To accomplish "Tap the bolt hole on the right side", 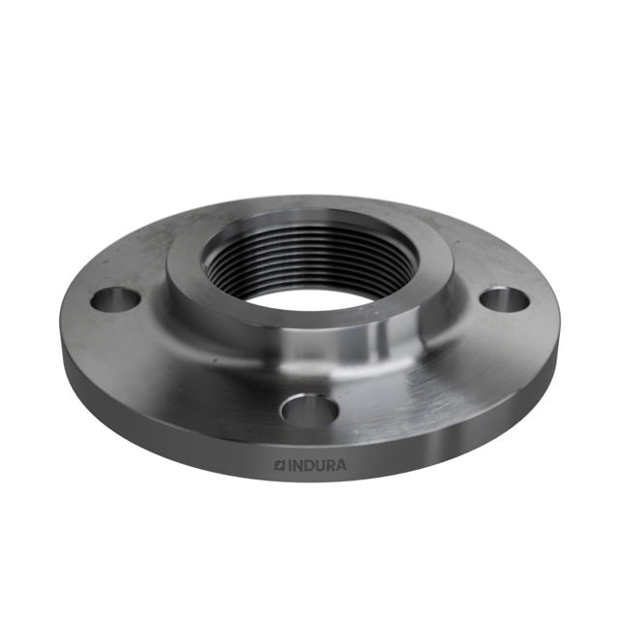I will coord(505,299).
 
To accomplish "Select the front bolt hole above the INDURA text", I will coord(309,411).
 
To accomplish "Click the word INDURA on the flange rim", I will coord(309,465).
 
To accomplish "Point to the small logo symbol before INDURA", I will coord(277,465).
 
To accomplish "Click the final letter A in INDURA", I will coord(340,465).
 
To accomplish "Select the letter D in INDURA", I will coord(305,465).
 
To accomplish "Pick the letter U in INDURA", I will coord(317,465).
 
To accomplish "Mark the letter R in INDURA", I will coord(328,465).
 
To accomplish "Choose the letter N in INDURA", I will coord(294,465).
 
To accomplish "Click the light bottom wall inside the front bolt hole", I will coord(310,419).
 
